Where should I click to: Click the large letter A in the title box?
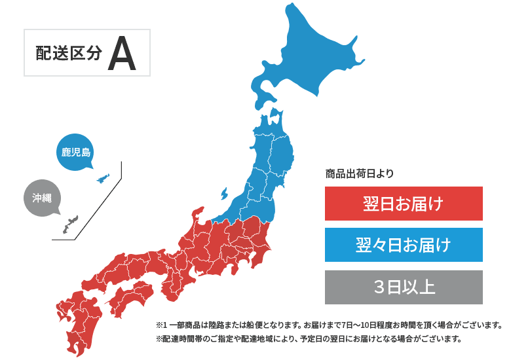point(122,54)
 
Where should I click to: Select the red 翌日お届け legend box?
point(404,204)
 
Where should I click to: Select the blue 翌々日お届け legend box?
point(404,245)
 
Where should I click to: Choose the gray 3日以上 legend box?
point(404,287)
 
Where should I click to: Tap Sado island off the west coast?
point(223,194)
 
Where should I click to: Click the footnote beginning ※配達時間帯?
point(309,339)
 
